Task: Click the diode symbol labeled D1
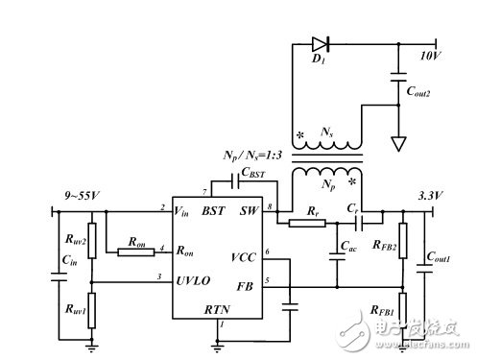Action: (x=320, y=43)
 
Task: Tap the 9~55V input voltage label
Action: (x=78, y=198)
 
